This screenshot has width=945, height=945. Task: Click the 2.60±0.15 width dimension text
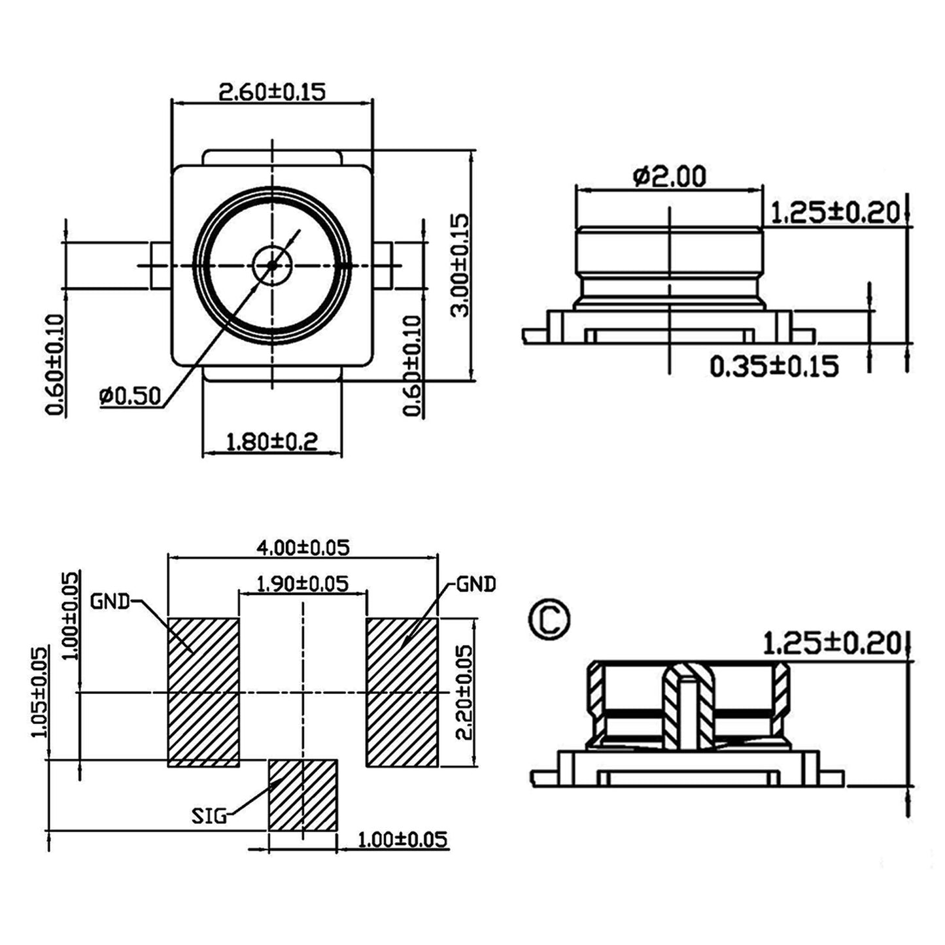[x=271, y=92]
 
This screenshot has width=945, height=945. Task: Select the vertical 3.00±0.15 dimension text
[x=460, y=265]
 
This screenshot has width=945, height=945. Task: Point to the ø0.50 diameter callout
[x=129, y=396]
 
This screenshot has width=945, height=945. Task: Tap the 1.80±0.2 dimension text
[x=271, y=442]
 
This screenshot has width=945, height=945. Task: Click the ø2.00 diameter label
[x=670, y=177]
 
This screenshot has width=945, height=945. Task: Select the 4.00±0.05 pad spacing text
[x=303, y=548]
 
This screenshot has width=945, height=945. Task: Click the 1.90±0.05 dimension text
[x=303, y=583]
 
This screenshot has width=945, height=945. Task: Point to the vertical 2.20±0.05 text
[x=464, y=692]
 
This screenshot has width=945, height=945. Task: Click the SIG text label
[x=209, y=817]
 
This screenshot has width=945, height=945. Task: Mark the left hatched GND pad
[x=203, y=692]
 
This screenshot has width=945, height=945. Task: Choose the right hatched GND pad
[x=402, y=692]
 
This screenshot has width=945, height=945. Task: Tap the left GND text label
[x=110, y=601]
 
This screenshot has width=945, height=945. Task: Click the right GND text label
[x=476, y=584]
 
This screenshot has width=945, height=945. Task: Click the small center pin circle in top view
[x=272, y=266]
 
